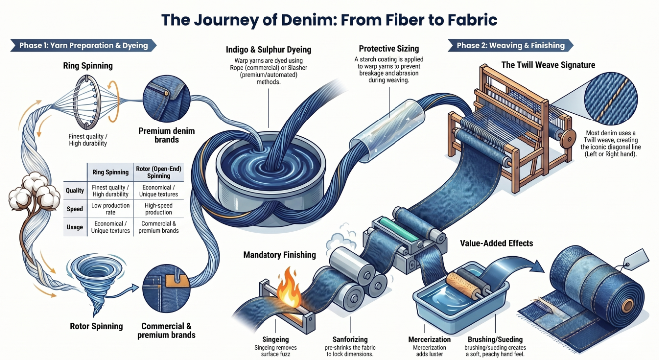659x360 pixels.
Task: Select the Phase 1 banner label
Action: pyautogui.click(x=83, y=46)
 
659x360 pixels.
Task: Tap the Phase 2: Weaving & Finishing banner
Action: pyautogui.click(x=511, y=46)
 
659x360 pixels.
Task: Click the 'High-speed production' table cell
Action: pyautogui.click(x=158, y=209)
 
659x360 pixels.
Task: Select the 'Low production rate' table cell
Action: pyautogui.click(x=110, y=209)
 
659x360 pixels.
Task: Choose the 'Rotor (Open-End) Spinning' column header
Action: pyautogui.click(x=158, y=172)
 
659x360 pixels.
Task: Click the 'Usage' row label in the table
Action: pyautogui.click(x=75, y=227)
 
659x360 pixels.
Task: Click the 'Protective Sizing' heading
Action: pyautogui.click(x=389, y=49)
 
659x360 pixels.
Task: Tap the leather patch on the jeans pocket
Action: pyautogui.click(x=176, y=281)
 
